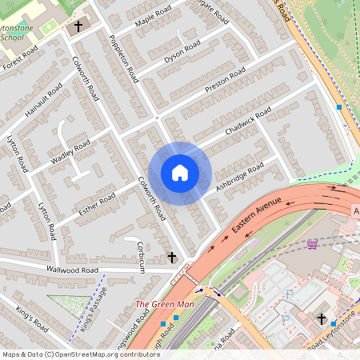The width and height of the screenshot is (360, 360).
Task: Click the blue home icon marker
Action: [180, 173]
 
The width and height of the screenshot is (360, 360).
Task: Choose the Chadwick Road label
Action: [249, 120]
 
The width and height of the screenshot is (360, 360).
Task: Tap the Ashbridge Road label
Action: [239, 178]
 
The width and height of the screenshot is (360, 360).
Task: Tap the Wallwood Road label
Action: [72, 270]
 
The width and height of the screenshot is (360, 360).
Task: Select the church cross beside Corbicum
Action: [171, 257]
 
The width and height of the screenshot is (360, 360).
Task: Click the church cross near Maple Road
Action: [78, 26]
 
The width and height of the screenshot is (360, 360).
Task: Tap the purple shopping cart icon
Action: [312, 243]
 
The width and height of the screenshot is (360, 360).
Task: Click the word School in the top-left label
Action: [13, 37]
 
